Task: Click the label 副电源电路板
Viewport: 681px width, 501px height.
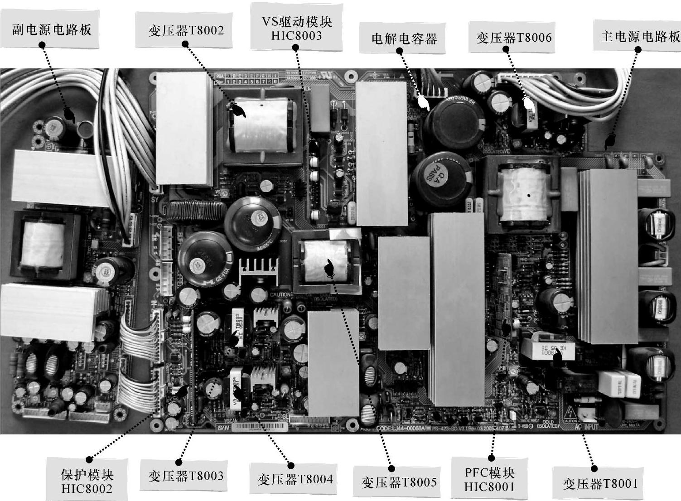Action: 52,30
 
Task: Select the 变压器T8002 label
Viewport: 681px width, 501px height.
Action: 186,30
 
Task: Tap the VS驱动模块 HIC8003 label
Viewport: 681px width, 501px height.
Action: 297,29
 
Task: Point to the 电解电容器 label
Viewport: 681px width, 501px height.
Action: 404,39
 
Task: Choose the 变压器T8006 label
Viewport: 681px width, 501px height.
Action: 514,37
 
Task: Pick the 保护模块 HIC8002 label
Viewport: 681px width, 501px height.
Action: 87,482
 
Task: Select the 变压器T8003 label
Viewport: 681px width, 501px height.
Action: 186,476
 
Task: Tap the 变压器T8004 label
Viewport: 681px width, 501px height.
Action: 295,479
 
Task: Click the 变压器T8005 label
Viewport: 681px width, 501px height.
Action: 399,482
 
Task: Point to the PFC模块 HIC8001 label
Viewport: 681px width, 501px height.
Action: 490,480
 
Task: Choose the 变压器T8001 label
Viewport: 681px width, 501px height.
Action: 600,483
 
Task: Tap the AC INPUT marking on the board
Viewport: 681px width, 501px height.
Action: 587,426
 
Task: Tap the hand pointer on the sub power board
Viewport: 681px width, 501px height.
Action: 69,115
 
